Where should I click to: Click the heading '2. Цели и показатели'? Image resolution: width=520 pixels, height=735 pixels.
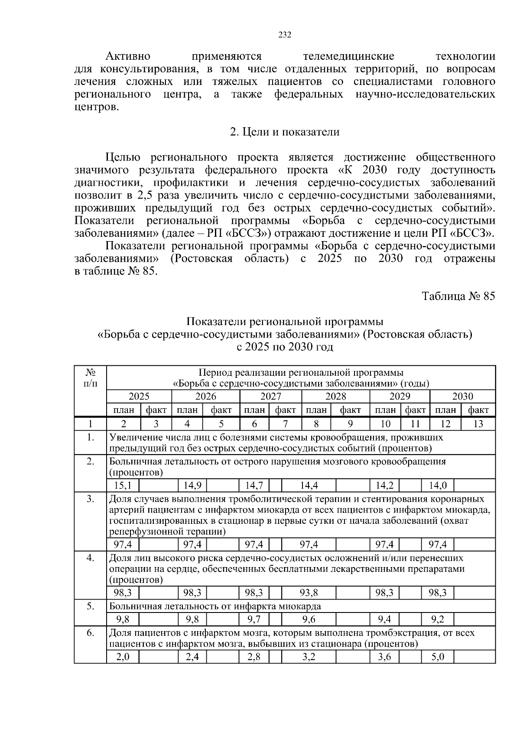click(x=284, y=132)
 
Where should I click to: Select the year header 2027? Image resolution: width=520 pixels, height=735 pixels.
click(x=270, y=397)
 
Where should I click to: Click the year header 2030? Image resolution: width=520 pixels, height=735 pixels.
click(x=462, y=397)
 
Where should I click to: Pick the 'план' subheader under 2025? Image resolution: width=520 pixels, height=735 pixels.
click(x=123, y=410)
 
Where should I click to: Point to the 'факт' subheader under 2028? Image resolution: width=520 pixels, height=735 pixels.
click(x=350, y=410)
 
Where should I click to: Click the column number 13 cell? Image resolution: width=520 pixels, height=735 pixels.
click(x=478, y=424)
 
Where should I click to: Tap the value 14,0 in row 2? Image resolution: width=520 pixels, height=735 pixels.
click(x=438, y=485)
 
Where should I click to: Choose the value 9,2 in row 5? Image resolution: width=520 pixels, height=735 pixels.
click(x=438, y=619)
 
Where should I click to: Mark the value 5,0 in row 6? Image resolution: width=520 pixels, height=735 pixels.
click(x=438, y=657)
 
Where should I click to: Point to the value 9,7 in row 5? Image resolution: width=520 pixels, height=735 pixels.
click(x=254, y=619)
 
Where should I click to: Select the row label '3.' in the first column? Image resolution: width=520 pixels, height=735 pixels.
click(x=90, y=499)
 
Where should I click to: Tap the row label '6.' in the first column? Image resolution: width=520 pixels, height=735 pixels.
click(x=90, y=633)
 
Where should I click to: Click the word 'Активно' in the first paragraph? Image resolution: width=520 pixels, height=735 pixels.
click(x=128, y=57)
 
